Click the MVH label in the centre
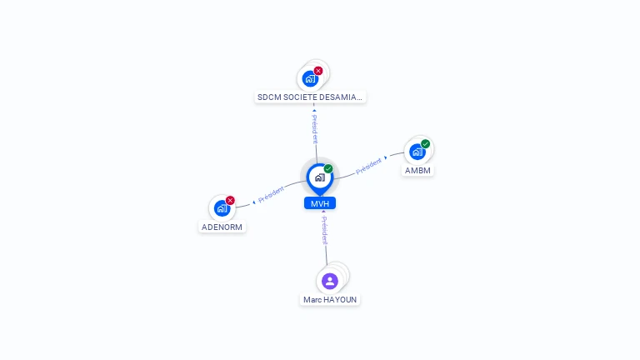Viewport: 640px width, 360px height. click(319, 203)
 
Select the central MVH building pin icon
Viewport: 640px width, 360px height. click(319, 177)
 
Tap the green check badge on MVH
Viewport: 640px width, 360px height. click(328, 169)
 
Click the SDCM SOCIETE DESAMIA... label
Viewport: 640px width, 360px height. click(310, 97)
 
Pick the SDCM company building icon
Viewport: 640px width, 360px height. click(310, 79)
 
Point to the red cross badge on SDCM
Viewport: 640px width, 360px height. click(318, 71)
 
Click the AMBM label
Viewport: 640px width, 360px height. click(418, 170)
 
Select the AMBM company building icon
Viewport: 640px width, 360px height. click(417, 152)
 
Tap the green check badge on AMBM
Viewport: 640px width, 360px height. click(425, 144)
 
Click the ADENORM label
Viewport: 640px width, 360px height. click(222, 227)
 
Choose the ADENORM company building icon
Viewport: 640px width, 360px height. click(222, 208)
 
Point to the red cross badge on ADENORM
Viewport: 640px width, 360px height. click(230, 200)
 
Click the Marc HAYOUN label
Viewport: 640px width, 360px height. click(330, 299)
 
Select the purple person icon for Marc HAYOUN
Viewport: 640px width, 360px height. click(330, 281)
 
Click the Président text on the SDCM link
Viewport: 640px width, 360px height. click(315, 129)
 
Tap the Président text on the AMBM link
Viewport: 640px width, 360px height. click(368, 165)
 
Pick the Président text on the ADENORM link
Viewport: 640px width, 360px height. click(272, 195)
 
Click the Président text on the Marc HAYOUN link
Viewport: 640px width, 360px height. click(325, 230)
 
